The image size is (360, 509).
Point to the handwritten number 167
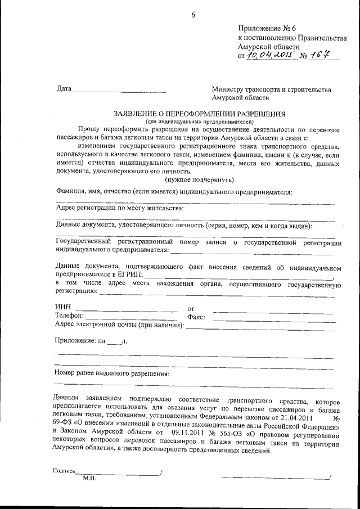click(x=320, y=55)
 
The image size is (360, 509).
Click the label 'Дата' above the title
click(x=64, y=89)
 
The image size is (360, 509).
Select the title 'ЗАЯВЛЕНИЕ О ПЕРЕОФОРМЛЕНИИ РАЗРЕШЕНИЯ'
click(x=199, y=113)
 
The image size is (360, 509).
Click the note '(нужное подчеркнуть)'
click(x=199, y=179)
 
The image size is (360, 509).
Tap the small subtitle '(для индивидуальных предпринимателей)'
click(x=199, y=121)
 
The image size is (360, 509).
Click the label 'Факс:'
click(x=195, y=317)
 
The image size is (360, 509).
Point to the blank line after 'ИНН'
click(x=127, y=310)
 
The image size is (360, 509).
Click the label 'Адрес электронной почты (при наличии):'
click(x=120, y=325)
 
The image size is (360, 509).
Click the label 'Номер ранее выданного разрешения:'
click(x=112, y=373)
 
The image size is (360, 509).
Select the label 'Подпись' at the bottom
click(x=64, y=471)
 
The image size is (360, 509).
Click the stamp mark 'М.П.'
click(x=89, y=478)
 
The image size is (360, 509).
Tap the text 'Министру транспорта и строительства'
click(x=271, y=89)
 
